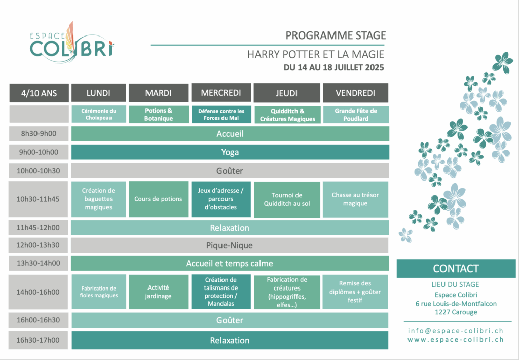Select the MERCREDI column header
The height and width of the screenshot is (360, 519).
(221, 93)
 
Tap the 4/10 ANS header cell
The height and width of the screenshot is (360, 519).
(39, 93)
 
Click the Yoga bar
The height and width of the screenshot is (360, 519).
(230, 152)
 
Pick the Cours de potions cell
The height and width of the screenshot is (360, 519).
(158, 199)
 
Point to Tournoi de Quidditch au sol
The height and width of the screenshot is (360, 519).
(287, 199)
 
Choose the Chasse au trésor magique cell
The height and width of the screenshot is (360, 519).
(355, 199)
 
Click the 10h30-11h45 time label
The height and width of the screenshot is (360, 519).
(38, 199)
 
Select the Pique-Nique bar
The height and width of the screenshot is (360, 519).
(230, 245)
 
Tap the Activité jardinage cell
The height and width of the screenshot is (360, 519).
(158, 292)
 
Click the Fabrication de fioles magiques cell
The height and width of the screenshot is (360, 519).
(99, 292)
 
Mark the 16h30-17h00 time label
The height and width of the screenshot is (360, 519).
(38, 340)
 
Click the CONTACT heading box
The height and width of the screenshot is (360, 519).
(456, 269)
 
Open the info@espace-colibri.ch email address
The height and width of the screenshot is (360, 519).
(456, 331)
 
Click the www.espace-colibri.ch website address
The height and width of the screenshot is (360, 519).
(456, 340)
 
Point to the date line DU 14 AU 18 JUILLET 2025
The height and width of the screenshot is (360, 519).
(333, 67)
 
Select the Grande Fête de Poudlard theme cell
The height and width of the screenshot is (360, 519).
(356, 115)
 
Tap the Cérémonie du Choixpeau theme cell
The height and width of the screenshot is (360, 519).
(99, 114)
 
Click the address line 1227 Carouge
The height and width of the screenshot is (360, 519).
(456, 312)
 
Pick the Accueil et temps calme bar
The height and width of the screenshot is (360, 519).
(230, 263)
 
